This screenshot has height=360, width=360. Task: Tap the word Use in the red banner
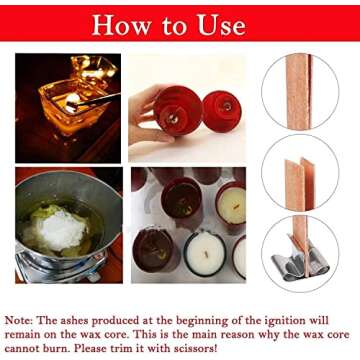point(241,25)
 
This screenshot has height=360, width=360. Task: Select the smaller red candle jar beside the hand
point(221,110)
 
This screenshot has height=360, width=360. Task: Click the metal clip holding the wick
point(299,264)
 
